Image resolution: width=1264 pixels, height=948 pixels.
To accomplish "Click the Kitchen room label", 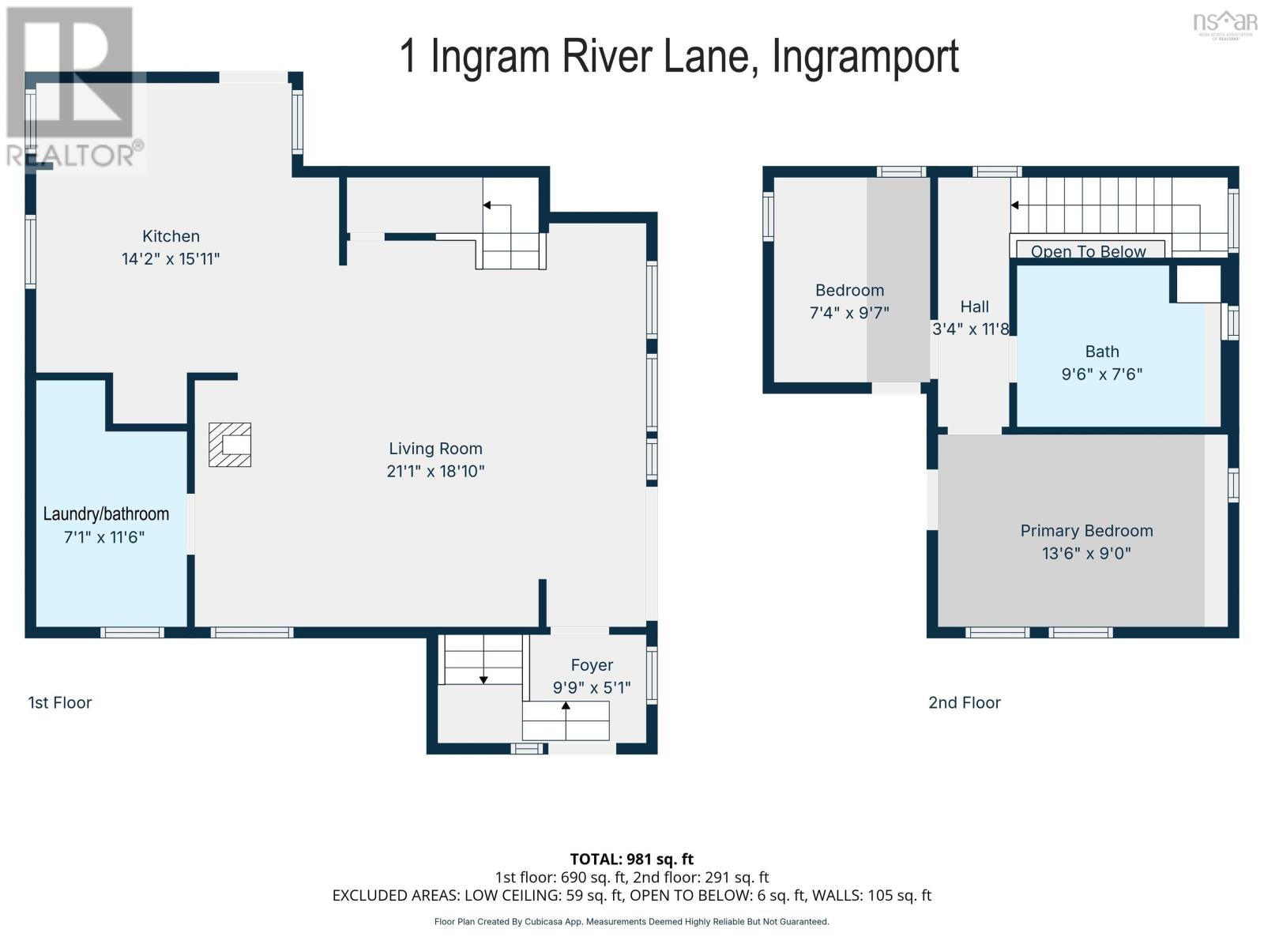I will (x=171, y=236).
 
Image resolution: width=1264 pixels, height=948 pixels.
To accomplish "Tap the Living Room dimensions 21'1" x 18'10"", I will (x=435, y=472).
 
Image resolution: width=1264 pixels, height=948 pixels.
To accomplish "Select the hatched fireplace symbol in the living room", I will (x=230, y=445).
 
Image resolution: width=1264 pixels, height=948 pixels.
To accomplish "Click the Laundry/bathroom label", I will (x=106, y=514).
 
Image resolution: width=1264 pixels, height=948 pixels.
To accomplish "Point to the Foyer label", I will (x=592, y=665).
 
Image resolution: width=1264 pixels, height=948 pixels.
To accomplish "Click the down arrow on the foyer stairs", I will (x=483, y=679).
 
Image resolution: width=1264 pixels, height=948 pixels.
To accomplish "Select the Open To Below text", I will (x=1088, y=251).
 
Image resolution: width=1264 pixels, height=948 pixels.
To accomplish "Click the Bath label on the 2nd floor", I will (x=1102, y=352).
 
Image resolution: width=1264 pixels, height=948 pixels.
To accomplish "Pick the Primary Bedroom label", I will (x=1086, y=531).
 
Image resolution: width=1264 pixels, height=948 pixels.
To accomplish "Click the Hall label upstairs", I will (x=974, y=307).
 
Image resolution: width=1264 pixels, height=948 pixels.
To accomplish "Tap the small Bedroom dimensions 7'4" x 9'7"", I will (x=849, y=313).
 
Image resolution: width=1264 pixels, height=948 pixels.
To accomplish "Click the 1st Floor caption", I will (x=60, y=702).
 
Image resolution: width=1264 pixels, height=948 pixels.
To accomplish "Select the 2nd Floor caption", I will (x=964, y=702).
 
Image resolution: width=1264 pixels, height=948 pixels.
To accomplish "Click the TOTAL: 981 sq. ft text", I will (x=631, y=859).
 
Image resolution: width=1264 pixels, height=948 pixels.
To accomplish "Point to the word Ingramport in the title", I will (x=865, y=57).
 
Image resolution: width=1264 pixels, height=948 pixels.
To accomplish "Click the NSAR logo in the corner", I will (x=1225, y=22).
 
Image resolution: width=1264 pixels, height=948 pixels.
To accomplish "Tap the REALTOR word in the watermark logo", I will (x=71, y=155).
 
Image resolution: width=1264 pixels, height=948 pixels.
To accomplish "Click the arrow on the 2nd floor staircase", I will (x=1015, y=205).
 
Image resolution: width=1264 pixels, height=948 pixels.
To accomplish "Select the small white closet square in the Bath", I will (x=1198, y=284).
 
